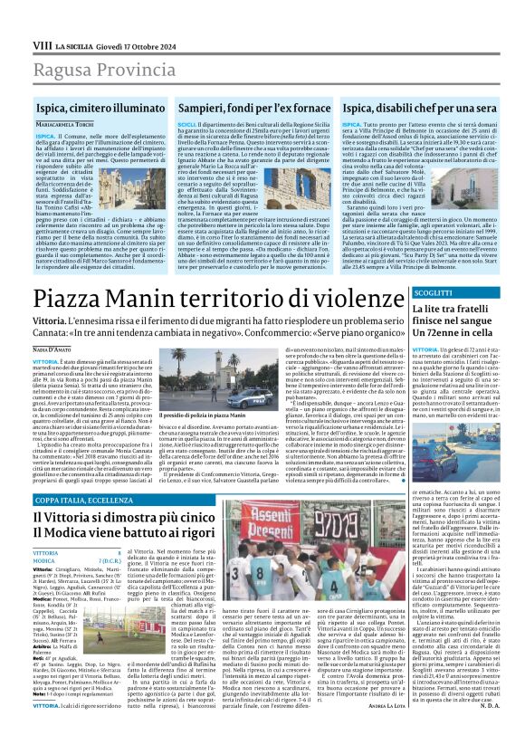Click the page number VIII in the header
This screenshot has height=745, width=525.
click(41, 19)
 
